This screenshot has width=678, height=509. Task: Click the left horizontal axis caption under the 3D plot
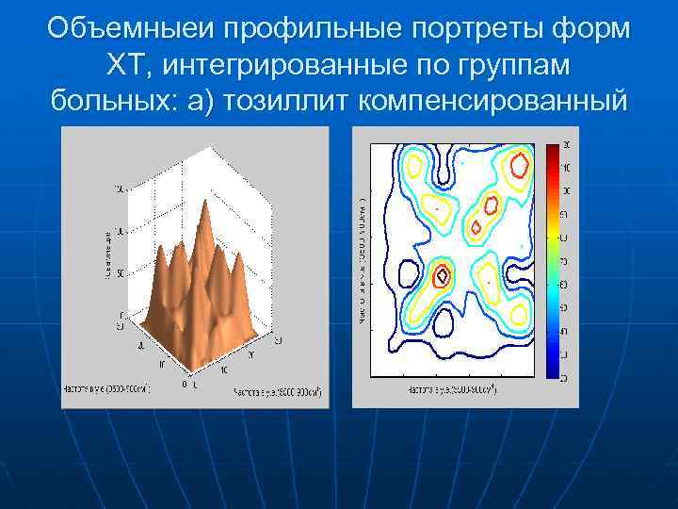point(105,386)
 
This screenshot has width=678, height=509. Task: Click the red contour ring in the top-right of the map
point(515,167)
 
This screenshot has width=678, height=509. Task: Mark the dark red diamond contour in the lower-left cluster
point(443,276)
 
